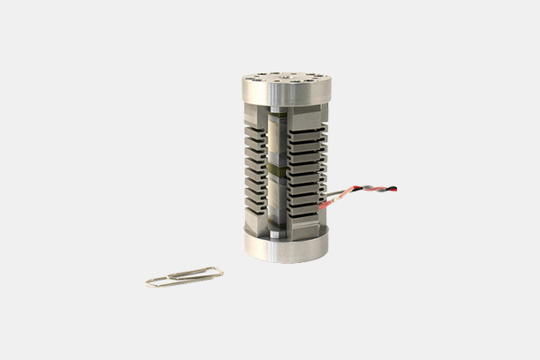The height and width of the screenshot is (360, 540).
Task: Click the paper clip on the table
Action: click(184, 277)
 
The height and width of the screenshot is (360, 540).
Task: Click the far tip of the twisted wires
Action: click(394, 188)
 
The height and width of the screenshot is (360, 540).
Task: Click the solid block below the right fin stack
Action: click(304, 223)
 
